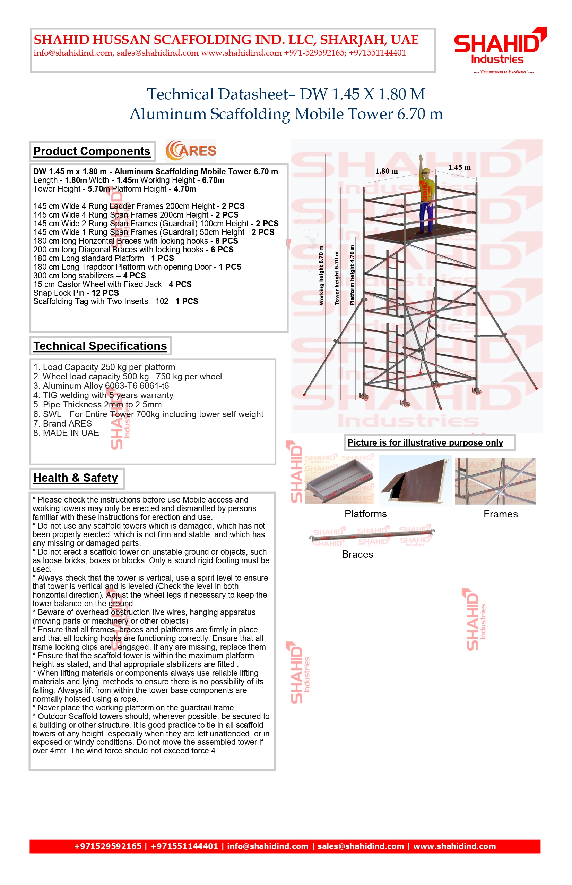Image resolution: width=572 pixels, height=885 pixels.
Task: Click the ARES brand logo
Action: click(x=191, y=151)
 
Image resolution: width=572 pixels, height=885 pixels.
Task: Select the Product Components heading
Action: click(x=92, y=151)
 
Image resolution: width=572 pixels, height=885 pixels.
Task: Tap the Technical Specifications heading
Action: click(x=100, y=346)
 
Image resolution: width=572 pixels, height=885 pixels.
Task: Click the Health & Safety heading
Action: click(x=76, y=478)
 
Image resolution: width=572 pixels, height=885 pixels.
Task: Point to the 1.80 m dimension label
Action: click(x=386, y=171)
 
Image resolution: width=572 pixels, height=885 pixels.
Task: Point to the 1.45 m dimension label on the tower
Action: click(x=459, y=167)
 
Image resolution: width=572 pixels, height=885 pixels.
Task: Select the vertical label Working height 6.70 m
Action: click(x=322, y=275)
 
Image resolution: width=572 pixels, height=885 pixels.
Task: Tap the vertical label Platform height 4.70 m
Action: click(x=352, y=275)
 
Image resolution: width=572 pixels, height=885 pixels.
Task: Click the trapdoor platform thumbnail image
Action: click(x=415, y=480)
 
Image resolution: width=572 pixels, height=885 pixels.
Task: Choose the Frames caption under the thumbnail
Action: click(x=500, y=514)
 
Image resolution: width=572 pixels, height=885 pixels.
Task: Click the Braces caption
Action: click(x=357, y=555)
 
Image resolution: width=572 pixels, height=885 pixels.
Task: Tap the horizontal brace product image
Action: click(x=371, y=536)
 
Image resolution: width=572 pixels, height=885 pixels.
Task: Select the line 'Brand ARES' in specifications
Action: click(x=62, y=423)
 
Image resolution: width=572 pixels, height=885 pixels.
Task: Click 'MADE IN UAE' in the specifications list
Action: click(x=66, y=433)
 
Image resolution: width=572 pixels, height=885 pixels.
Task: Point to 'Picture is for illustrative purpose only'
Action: click(x=425, y=442)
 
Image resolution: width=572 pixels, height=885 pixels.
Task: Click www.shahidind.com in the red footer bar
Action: click(x=454, y=846)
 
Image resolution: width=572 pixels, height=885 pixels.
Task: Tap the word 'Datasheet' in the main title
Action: click(x=255, y=94)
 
